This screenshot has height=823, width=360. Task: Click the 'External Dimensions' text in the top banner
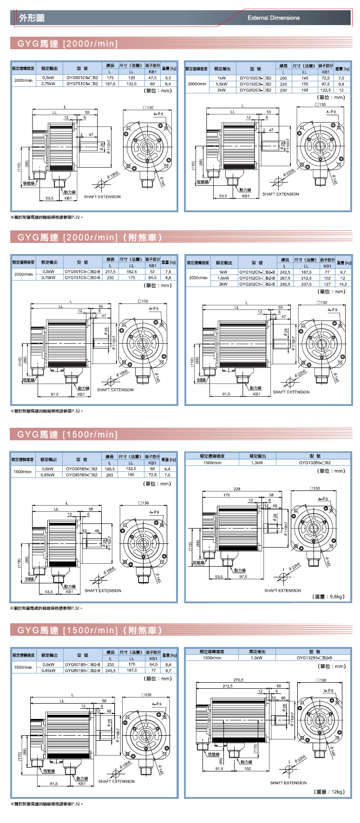[273, 18]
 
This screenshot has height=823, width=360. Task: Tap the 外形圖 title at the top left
[32, 18]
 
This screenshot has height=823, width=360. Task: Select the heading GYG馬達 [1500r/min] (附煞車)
[90, 630]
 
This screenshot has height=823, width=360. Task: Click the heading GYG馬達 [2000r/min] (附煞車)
[90, 237]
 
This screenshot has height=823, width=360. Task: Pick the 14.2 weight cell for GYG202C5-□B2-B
[343, 284]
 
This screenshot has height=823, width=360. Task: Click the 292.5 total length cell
[285, 284]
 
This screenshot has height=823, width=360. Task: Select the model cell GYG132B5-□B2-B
[314, 658]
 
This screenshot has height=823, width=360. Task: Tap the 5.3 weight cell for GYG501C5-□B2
[168, 78]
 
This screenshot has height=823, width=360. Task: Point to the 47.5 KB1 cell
[152, 78]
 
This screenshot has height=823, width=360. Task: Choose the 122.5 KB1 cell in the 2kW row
[326, 91]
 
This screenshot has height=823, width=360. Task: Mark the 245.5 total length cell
[111, 671]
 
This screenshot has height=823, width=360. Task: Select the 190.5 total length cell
[110, 469]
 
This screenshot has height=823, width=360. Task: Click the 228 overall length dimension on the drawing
[237, 489]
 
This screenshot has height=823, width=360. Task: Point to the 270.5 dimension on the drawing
[238, 680]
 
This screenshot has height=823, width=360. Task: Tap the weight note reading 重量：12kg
[329, 792]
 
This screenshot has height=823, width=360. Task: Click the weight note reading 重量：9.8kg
[329, 597]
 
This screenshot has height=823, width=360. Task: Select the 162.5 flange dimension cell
[131, 272]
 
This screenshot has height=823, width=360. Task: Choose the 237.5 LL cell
[306, 284]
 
